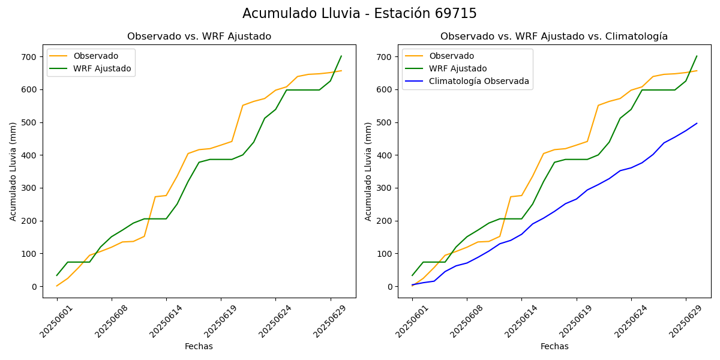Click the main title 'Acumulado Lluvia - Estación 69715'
click(359, 14)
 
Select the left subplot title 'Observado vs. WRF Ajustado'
click(199, 37)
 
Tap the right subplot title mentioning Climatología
click(554, 37)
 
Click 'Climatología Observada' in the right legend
click(479, 82)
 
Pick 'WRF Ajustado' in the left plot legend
click(102, 68)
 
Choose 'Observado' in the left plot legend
click(96, 56)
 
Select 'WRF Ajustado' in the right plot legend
click(458, 68)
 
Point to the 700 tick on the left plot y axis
click(30, 57)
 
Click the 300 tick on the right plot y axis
click(385, 188)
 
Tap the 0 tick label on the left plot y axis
click(35, 287)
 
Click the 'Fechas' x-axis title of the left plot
click(199, 346)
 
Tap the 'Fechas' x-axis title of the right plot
click(554, 346)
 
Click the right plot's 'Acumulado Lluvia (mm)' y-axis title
click(368, 171)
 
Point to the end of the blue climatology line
click(697, 124)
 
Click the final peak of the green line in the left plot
click(341, 56)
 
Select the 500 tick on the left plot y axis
click(30, 122)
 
